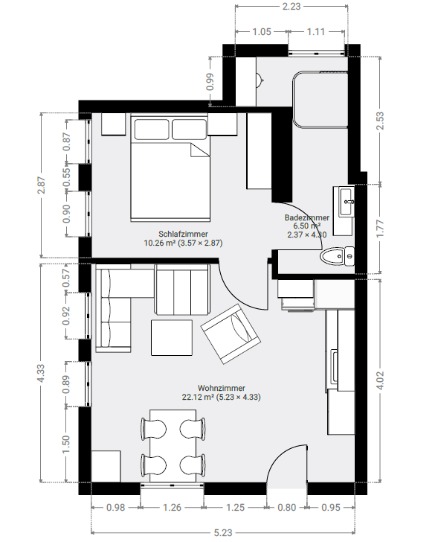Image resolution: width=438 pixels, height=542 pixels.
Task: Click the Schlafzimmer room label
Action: (183, 234)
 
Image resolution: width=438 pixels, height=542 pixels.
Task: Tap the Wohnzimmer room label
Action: (222, 388)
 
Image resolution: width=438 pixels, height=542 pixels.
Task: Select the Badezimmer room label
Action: (307, 217)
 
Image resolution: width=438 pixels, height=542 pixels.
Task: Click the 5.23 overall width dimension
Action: (223, 532)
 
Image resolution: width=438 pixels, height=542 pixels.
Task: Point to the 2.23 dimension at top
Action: (292, 6)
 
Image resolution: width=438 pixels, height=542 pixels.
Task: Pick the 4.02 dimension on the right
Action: (380, 380)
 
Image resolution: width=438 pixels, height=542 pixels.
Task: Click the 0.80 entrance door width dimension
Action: (287, 508)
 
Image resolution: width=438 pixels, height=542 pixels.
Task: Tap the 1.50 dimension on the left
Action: (66, 444)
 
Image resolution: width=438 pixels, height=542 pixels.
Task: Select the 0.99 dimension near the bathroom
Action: (210, 82)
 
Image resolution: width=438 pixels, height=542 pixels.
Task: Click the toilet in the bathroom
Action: (337, 256)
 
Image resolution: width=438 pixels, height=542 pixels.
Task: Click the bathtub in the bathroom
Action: (320, 100)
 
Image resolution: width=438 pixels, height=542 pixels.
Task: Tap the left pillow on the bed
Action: (152, 130)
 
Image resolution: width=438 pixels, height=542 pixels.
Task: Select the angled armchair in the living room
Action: (231, 334)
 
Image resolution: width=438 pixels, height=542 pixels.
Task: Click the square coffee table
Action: (172, 338)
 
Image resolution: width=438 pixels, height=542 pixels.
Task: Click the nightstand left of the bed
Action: (113, 124)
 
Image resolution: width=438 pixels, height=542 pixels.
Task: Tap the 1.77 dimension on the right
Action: (380, 229)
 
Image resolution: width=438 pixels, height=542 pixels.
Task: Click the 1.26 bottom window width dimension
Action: (172, 508)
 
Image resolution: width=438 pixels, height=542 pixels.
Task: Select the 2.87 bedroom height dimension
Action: (42, 185)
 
